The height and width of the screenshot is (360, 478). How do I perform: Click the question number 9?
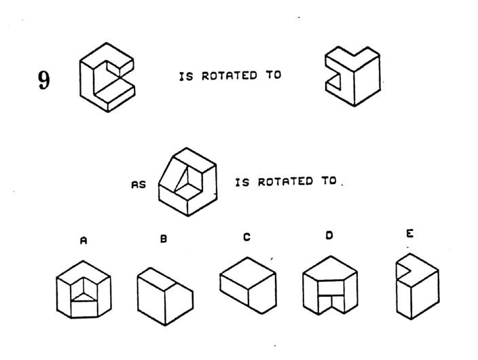[x=43, y=82]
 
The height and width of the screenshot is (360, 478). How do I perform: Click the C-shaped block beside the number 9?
[x=106, y=77]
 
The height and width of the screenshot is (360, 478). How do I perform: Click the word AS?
[x=139, y=183]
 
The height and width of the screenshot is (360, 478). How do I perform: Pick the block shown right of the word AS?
[x=187, y=182]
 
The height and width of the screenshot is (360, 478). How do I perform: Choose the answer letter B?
[x=163, y=239]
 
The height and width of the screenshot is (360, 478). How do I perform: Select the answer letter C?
[x=246, y=238]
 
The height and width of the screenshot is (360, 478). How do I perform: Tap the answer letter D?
[x=329, y=236]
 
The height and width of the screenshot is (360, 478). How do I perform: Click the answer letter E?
[x=409, y=234]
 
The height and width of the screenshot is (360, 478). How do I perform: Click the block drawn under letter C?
[x=248, y=285]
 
